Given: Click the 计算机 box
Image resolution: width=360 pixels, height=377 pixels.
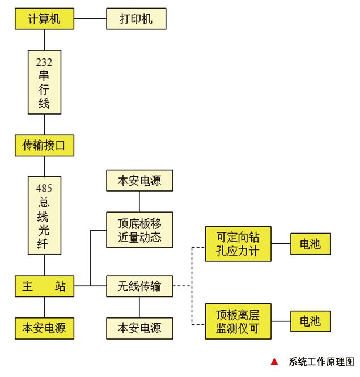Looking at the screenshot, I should point(44,19).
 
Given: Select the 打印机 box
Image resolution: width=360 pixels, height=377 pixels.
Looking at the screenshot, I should point(136,19).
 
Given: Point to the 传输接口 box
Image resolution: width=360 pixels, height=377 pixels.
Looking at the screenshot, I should point(44,146).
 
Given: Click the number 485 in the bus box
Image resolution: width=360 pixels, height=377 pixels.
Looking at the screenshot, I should point(44,188).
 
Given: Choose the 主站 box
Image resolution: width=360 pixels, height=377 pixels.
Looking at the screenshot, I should point(44,286).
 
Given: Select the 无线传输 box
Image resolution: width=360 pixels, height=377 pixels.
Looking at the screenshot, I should point(139,286).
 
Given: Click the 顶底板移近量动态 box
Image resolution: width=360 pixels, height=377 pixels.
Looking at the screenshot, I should point(139,230).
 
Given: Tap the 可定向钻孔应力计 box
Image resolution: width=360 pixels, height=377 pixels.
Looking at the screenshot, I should point(238,244).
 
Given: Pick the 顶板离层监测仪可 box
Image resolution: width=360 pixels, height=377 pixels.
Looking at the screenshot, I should point(238,321).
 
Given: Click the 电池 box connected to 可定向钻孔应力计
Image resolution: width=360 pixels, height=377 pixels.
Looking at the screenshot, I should point(310,244).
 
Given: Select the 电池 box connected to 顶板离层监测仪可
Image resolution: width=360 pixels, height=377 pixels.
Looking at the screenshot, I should point(310,321).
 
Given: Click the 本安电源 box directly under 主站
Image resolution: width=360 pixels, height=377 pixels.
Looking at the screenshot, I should point(44,328).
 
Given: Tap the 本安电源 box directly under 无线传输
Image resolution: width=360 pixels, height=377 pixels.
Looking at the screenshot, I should point(139,328).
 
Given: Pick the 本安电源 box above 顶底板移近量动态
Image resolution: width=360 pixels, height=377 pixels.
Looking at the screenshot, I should point(139,181).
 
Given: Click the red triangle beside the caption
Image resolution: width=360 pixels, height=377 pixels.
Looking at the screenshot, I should point(274,362).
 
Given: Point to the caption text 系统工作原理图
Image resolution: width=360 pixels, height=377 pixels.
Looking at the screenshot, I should point(321,362).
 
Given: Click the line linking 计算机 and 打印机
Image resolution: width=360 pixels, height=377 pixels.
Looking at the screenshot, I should point(91,19).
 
